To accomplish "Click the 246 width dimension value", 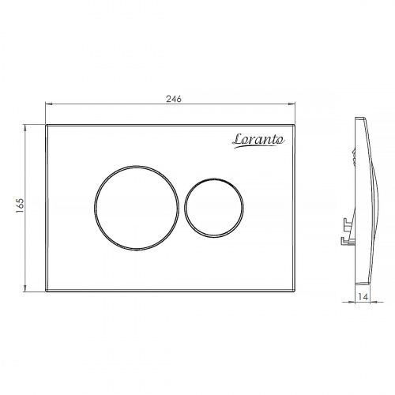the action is (174, 99).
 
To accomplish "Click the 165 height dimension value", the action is (20, 205).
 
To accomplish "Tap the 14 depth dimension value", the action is (363, 296).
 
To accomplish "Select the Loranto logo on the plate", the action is (258, 141).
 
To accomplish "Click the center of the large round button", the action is (137, 208).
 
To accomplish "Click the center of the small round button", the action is (214, 208).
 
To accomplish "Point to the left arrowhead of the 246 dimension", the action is (48, 103).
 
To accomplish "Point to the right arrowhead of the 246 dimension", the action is (292, 103).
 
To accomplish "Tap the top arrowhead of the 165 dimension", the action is (25, 127).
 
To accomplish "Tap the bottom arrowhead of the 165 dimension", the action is (25, 289).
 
